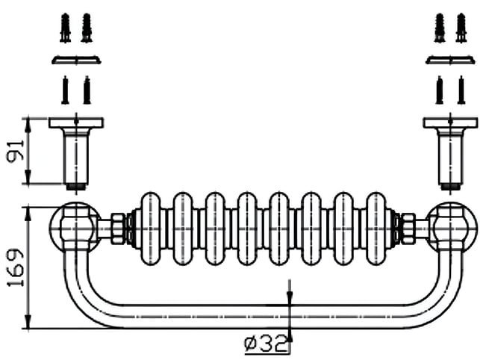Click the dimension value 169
[x=16, y=267]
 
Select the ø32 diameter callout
[x=266, y=344]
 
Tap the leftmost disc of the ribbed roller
[x=150, y=229]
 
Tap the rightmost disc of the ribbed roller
[x=376, y=229]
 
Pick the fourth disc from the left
[x=247, y=229]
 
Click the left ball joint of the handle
[x=75, y=228]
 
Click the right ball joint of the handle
[x=452, y=228]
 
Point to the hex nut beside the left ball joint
[x=118, y=229]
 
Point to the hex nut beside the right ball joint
[x=408, y=229]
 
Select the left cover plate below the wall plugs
[x=76, y=60]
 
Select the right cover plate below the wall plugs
[x=451, y=60]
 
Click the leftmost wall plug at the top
[x=65, y=28]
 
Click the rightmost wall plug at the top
[x=461, y=28]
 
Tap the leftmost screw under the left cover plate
[x=65, y=90]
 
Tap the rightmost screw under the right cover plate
[x=461, y=90]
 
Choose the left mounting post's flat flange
[x=76, y=122]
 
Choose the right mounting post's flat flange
[x=451, y=122]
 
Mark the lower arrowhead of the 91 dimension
[x=28, y=177]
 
